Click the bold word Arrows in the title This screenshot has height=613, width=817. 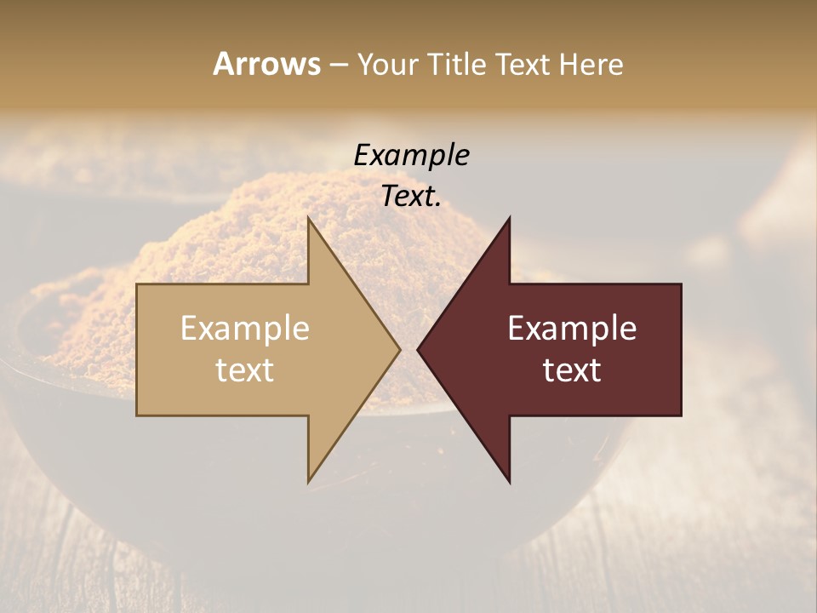pos(266,64)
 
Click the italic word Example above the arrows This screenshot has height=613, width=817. pos(411,155)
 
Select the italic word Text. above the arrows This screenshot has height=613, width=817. pos(411,197)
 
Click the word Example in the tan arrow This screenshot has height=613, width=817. pos(245,328)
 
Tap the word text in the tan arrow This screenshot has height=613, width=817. pos(245,370)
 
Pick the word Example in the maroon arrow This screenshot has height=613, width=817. pos(572,328)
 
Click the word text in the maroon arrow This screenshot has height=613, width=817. pos(572,370)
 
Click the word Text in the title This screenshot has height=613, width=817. pos(523,65)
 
